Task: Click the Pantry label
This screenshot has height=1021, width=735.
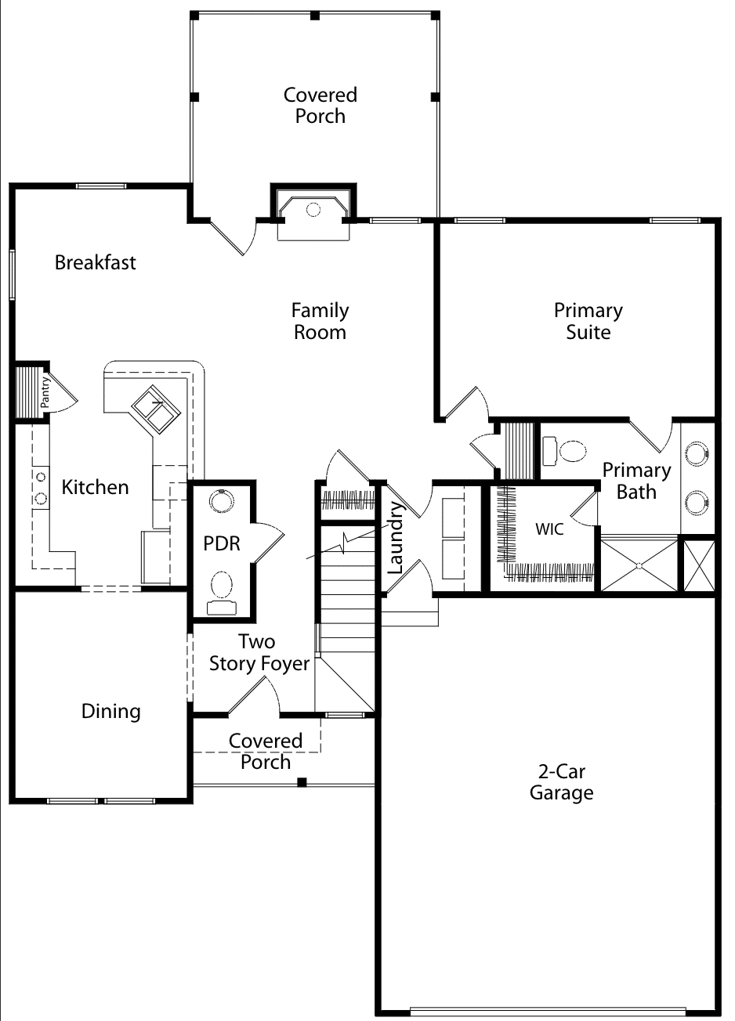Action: tap(45, 391)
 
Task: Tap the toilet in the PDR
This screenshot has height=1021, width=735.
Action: tap(222, 593)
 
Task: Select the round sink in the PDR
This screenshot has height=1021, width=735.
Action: tap(222, 501)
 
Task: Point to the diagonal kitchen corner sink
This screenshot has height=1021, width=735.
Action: tap(156, 409)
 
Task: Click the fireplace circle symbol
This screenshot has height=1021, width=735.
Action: tap(313, 210)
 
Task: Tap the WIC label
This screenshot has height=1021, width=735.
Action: tap(549, 529)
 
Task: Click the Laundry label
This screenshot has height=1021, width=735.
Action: tap(395, 537)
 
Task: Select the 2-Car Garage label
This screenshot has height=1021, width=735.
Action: tap(562, 782)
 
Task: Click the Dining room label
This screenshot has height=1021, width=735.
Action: tap(110, 712)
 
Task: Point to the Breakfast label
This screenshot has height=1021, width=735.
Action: tap(96, 262)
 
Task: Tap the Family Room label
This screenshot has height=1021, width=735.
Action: tap(320, 321)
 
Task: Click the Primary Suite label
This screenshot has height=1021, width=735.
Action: tap(588, 321)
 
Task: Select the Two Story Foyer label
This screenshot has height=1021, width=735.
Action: tap(259, 653)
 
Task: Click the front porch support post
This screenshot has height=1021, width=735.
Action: tap(302, 783)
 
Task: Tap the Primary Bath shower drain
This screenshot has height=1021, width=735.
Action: tap(639, 565)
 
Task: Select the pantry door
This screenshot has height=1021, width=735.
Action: tap(63, 391)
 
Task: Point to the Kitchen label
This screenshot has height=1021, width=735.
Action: tap(96, 488)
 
